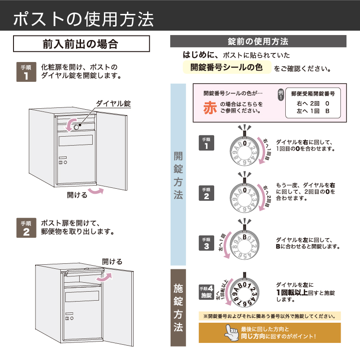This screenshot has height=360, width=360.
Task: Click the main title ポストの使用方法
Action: (84, 18)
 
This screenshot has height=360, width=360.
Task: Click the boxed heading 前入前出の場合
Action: (81, 44)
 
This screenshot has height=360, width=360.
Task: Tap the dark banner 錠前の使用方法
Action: (258, 41)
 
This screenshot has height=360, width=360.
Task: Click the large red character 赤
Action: (210, 107)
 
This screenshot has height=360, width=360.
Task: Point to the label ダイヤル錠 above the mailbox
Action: (113, 104)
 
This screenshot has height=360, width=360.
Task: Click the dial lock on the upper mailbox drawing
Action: (76, 127)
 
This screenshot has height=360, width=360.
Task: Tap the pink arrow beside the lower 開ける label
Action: (95, 192)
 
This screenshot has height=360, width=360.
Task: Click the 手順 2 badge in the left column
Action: (26, 228)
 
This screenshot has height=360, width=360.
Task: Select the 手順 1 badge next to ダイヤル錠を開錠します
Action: (26, 72)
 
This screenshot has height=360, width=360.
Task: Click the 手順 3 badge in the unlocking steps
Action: (207, 243)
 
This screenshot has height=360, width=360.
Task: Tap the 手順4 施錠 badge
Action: (206, 292)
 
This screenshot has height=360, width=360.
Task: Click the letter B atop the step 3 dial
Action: (245, 236)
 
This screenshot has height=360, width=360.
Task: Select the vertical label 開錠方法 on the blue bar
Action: (178, 175)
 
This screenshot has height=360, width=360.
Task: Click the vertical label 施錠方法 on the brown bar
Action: (178, 308)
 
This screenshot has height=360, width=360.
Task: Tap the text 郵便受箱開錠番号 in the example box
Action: (313, 94)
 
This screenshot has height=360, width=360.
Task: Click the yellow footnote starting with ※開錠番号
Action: (269, 316)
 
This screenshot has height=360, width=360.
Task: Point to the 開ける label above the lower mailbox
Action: (112, 261)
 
